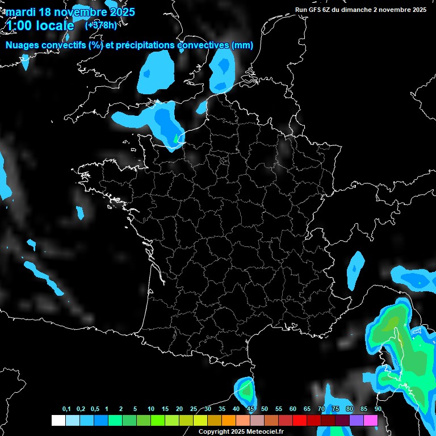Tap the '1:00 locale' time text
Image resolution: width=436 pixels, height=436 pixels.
[40, 26]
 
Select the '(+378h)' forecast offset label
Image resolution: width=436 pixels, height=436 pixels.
[101, 25]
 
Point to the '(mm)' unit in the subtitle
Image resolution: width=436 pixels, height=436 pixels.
[242, 45]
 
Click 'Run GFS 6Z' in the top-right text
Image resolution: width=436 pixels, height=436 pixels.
[316, 10]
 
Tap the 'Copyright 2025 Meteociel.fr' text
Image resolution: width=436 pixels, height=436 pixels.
[241, 432]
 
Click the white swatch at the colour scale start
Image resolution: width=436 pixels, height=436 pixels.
[58, 421]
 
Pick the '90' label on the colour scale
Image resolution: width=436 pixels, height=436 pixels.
[378, 409]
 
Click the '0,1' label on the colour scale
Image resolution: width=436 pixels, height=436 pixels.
[66, 409]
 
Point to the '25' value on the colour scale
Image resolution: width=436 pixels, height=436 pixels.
[194, 409]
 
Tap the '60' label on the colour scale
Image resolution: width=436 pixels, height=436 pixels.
[293, 409]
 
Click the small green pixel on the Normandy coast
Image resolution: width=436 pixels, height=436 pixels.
[175, 138]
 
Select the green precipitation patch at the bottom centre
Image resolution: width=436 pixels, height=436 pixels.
[246, 391]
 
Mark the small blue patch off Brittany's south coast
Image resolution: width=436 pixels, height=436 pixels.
[80, 212]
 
